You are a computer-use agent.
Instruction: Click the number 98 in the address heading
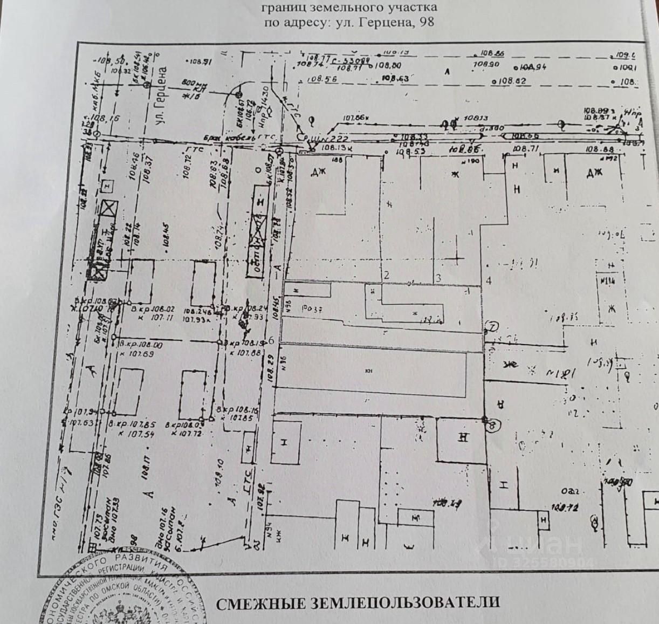point(427,22)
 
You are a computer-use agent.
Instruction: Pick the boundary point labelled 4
point(489,280)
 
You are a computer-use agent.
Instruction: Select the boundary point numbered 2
point(386,275)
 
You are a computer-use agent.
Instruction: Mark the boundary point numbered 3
point(438,278)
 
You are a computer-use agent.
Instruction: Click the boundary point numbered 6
point(271,341)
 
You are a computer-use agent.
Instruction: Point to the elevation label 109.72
point(565,508)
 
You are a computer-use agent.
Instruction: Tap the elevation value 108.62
point(512,81)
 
